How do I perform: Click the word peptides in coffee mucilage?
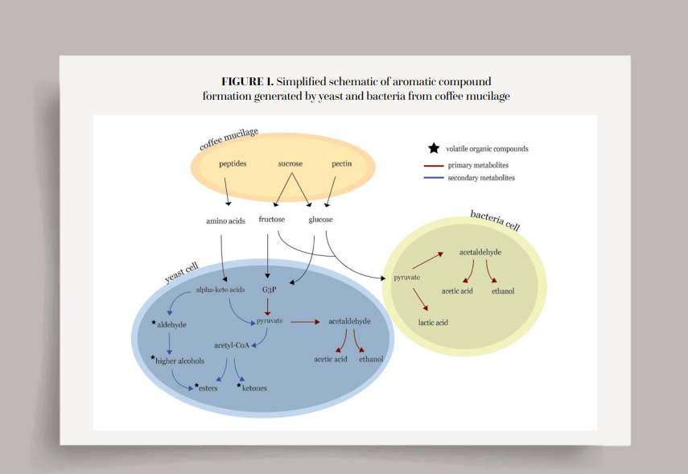[x=233, y=163]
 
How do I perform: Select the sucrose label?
[x=290, y=163]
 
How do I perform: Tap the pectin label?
[x=342, y=163]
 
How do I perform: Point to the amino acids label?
[x=225, y=221]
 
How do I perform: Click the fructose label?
[x=272, y=219]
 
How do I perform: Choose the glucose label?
[x=320, y=219]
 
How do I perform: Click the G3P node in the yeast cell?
[x=269, y=289]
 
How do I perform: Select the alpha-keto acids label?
[x=220, y=289]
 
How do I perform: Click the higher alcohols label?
[x=180, y=361]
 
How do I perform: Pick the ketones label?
[x=254, y=388]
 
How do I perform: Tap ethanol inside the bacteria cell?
[x=503, y=291]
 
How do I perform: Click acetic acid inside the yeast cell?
[x=331, y=359]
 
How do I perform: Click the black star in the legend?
[x=434, y=148]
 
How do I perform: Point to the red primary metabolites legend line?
[x=434, y=165]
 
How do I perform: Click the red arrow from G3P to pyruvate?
[x=269, y=307]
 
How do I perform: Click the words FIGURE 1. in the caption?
[x=247, y=81]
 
